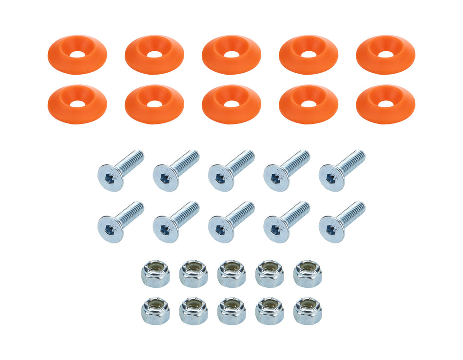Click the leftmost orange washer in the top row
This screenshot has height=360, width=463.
[x=77, y=55]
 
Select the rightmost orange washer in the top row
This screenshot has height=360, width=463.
[x=386, y=55]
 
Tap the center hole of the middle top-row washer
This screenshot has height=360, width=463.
[x=231, y=54]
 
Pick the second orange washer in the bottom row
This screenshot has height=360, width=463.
[x=154, y=104]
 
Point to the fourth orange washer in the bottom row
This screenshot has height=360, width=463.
[x=309, y=104]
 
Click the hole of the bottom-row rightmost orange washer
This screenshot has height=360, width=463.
[x=386, y=103]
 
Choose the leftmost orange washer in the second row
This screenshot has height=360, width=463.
[x=77, y=104]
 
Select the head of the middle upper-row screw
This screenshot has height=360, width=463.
[x=220, y=178]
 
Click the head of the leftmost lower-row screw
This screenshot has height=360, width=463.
[x=110, y=229]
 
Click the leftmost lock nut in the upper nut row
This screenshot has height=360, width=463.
[x=155, y=273]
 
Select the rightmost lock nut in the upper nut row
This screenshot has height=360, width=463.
[x=308, y=273]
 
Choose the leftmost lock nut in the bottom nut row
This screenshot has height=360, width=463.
[x=155, y=311]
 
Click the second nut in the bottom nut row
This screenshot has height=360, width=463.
[x=193, y=311]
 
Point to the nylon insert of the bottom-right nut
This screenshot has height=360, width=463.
[x=308, y=305]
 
